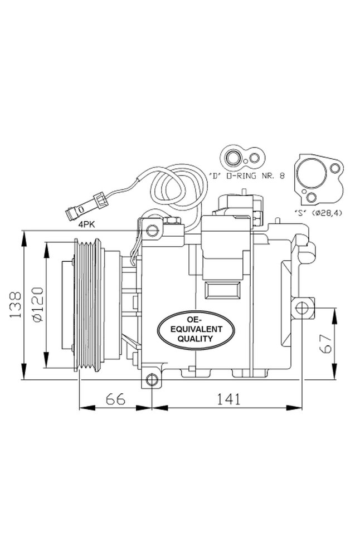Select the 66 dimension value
click(115, 399)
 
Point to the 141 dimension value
click(228, 399)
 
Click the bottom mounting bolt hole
click(152, 380)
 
